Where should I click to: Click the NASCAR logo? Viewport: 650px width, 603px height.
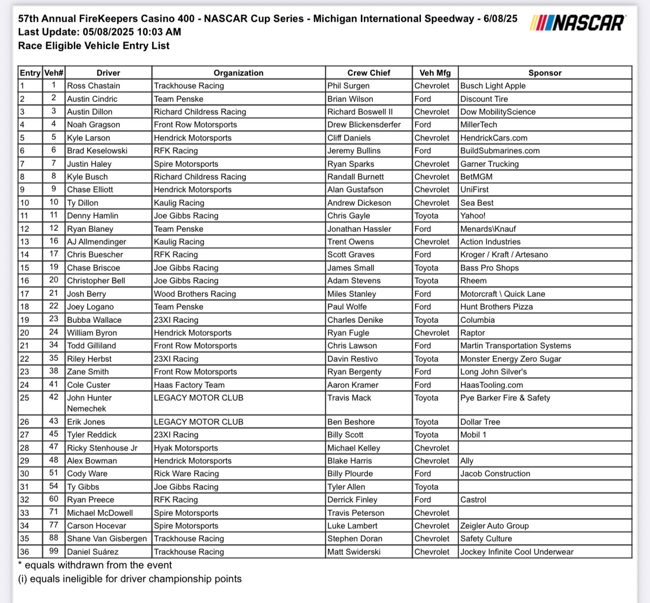tap(578, 23)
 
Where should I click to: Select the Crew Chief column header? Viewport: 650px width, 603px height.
tap(368, 73)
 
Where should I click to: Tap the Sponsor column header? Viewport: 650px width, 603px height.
tap(545, 73)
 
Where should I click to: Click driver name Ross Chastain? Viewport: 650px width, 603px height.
tap(94, 86)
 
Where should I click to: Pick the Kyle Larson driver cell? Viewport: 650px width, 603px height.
tap(89, 138)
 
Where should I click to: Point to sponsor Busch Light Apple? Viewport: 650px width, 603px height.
tap(493, 86)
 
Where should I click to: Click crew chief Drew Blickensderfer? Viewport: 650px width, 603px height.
tap(364, 125)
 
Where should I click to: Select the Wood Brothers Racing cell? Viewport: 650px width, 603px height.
tap(195, 294)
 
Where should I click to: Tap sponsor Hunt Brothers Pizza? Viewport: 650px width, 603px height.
tap(496, 307)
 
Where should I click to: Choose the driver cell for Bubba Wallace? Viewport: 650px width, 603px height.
tap(94, 320)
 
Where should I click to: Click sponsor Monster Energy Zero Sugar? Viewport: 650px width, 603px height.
tap(511, 359)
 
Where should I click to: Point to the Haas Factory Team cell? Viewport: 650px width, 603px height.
tap(189, 385)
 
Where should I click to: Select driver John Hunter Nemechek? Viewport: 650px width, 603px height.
tap(89, 403)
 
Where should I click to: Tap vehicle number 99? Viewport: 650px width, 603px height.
tap(54, 551)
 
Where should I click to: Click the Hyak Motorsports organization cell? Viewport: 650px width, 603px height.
tap(186, 448)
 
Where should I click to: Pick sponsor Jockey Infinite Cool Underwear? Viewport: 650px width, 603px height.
tap(517, 552)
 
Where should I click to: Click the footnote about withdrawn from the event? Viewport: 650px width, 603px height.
tap(95, 565)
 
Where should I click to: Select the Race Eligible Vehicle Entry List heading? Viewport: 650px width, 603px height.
tap(94, 46)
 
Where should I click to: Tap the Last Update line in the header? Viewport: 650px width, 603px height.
tap(99, 32)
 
